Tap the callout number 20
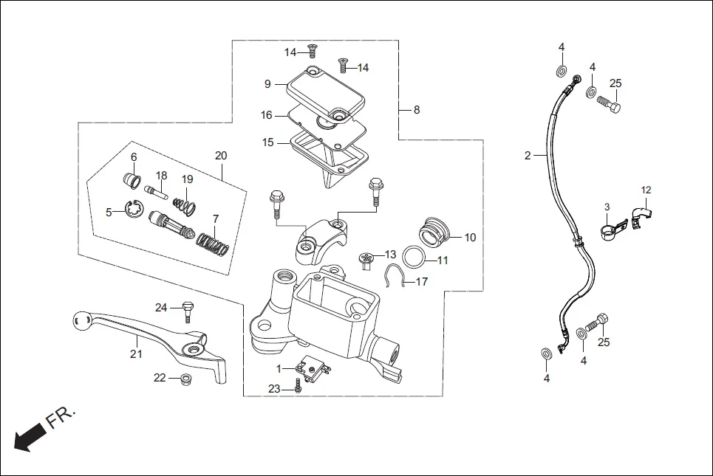click(x=221, y=156)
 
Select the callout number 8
click(x=416, y=110)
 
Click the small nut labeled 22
click(x=186, y=380)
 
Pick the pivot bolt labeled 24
click(x=187, y=311)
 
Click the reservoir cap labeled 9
click(x=326, y=92)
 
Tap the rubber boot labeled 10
click(x=433, y=230)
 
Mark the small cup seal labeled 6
click(x=131, y=180)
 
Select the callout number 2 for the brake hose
click(x=528, y=156)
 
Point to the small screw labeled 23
click(x=298, y=387)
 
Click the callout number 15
click(x=267, y=142)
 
